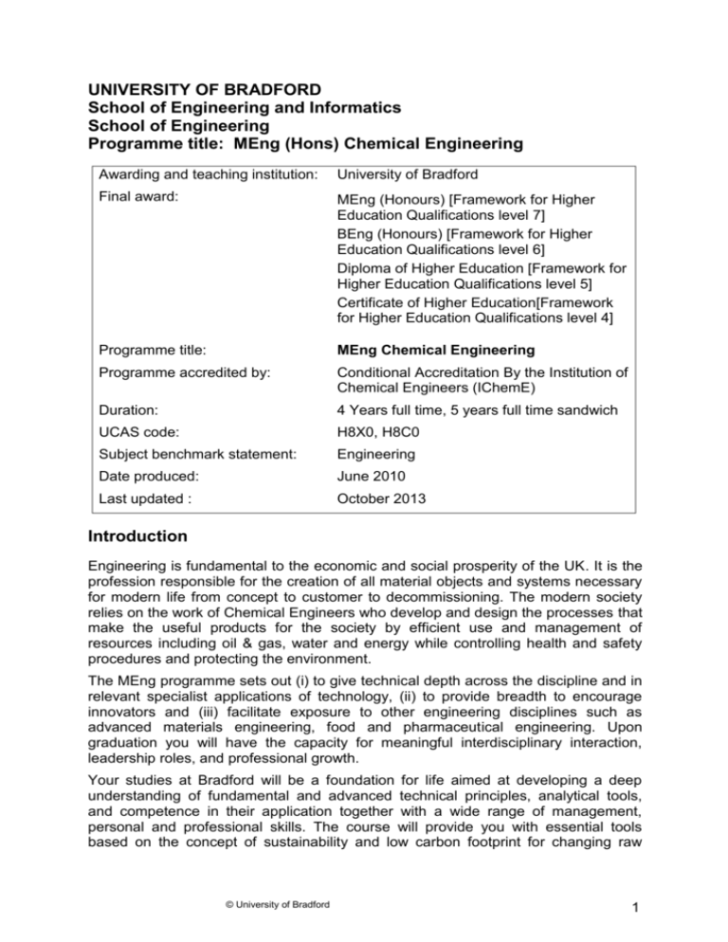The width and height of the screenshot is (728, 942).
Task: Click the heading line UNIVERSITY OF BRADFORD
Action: pyautogui.click(x=183, y=90)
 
